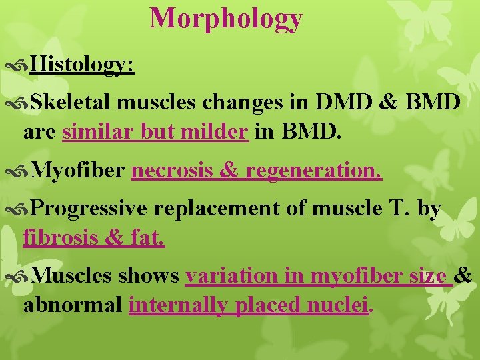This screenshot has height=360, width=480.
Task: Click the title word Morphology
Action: (x=226, y=19)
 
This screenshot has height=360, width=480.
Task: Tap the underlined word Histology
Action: (x=82, y=65)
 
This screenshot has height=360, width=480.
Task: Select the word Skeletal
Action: (x=72, y=103)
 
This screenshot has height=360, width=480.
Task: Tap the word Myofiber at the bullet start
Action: (x=77, y=171)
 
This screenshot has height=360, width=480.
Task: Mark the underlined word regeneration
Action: (x=314, y=171)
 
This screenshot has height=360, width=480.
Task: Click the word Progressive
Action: (x=89, y=209)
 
